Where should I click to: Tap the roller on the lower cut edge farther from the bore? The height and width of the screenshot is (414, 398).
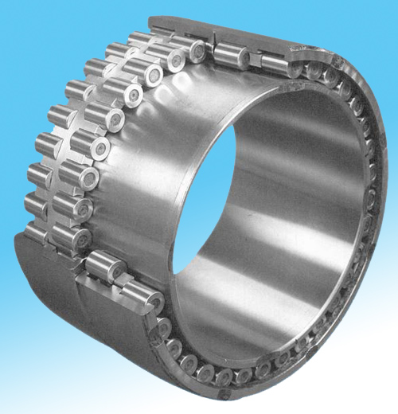point(103,268)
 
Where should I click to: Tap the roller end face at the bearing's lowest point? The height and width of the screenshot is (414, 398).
point(224,374)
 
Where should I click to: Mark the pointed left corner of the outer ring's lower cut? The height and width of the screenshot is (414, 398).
point(24,239)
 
